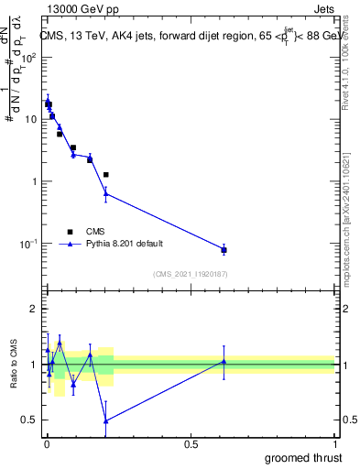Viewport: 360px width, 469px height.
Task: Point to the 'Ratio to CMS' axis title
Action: click(x=12, y=365)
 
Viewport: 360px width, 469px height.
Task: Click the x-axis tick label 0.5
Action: click(x=191, y=444)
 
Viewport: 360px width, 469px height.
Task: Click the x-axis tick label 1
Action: click(x=334, y=444)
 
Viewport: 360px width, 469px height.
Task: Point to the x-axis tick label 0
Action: click(x=47, y=444)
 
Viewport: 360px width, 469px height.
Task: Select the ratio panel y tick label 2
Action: click(x=34, y=310)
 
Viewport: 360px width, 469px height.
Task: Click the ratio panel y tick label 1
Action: click(x=34, y=365)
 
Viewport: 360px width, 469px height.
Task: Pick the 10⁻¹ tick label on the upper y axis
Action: click(x=27, y=244)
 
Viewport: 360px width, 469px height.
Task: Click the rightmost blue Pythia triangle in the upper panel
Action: click(x=224, y=249)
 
